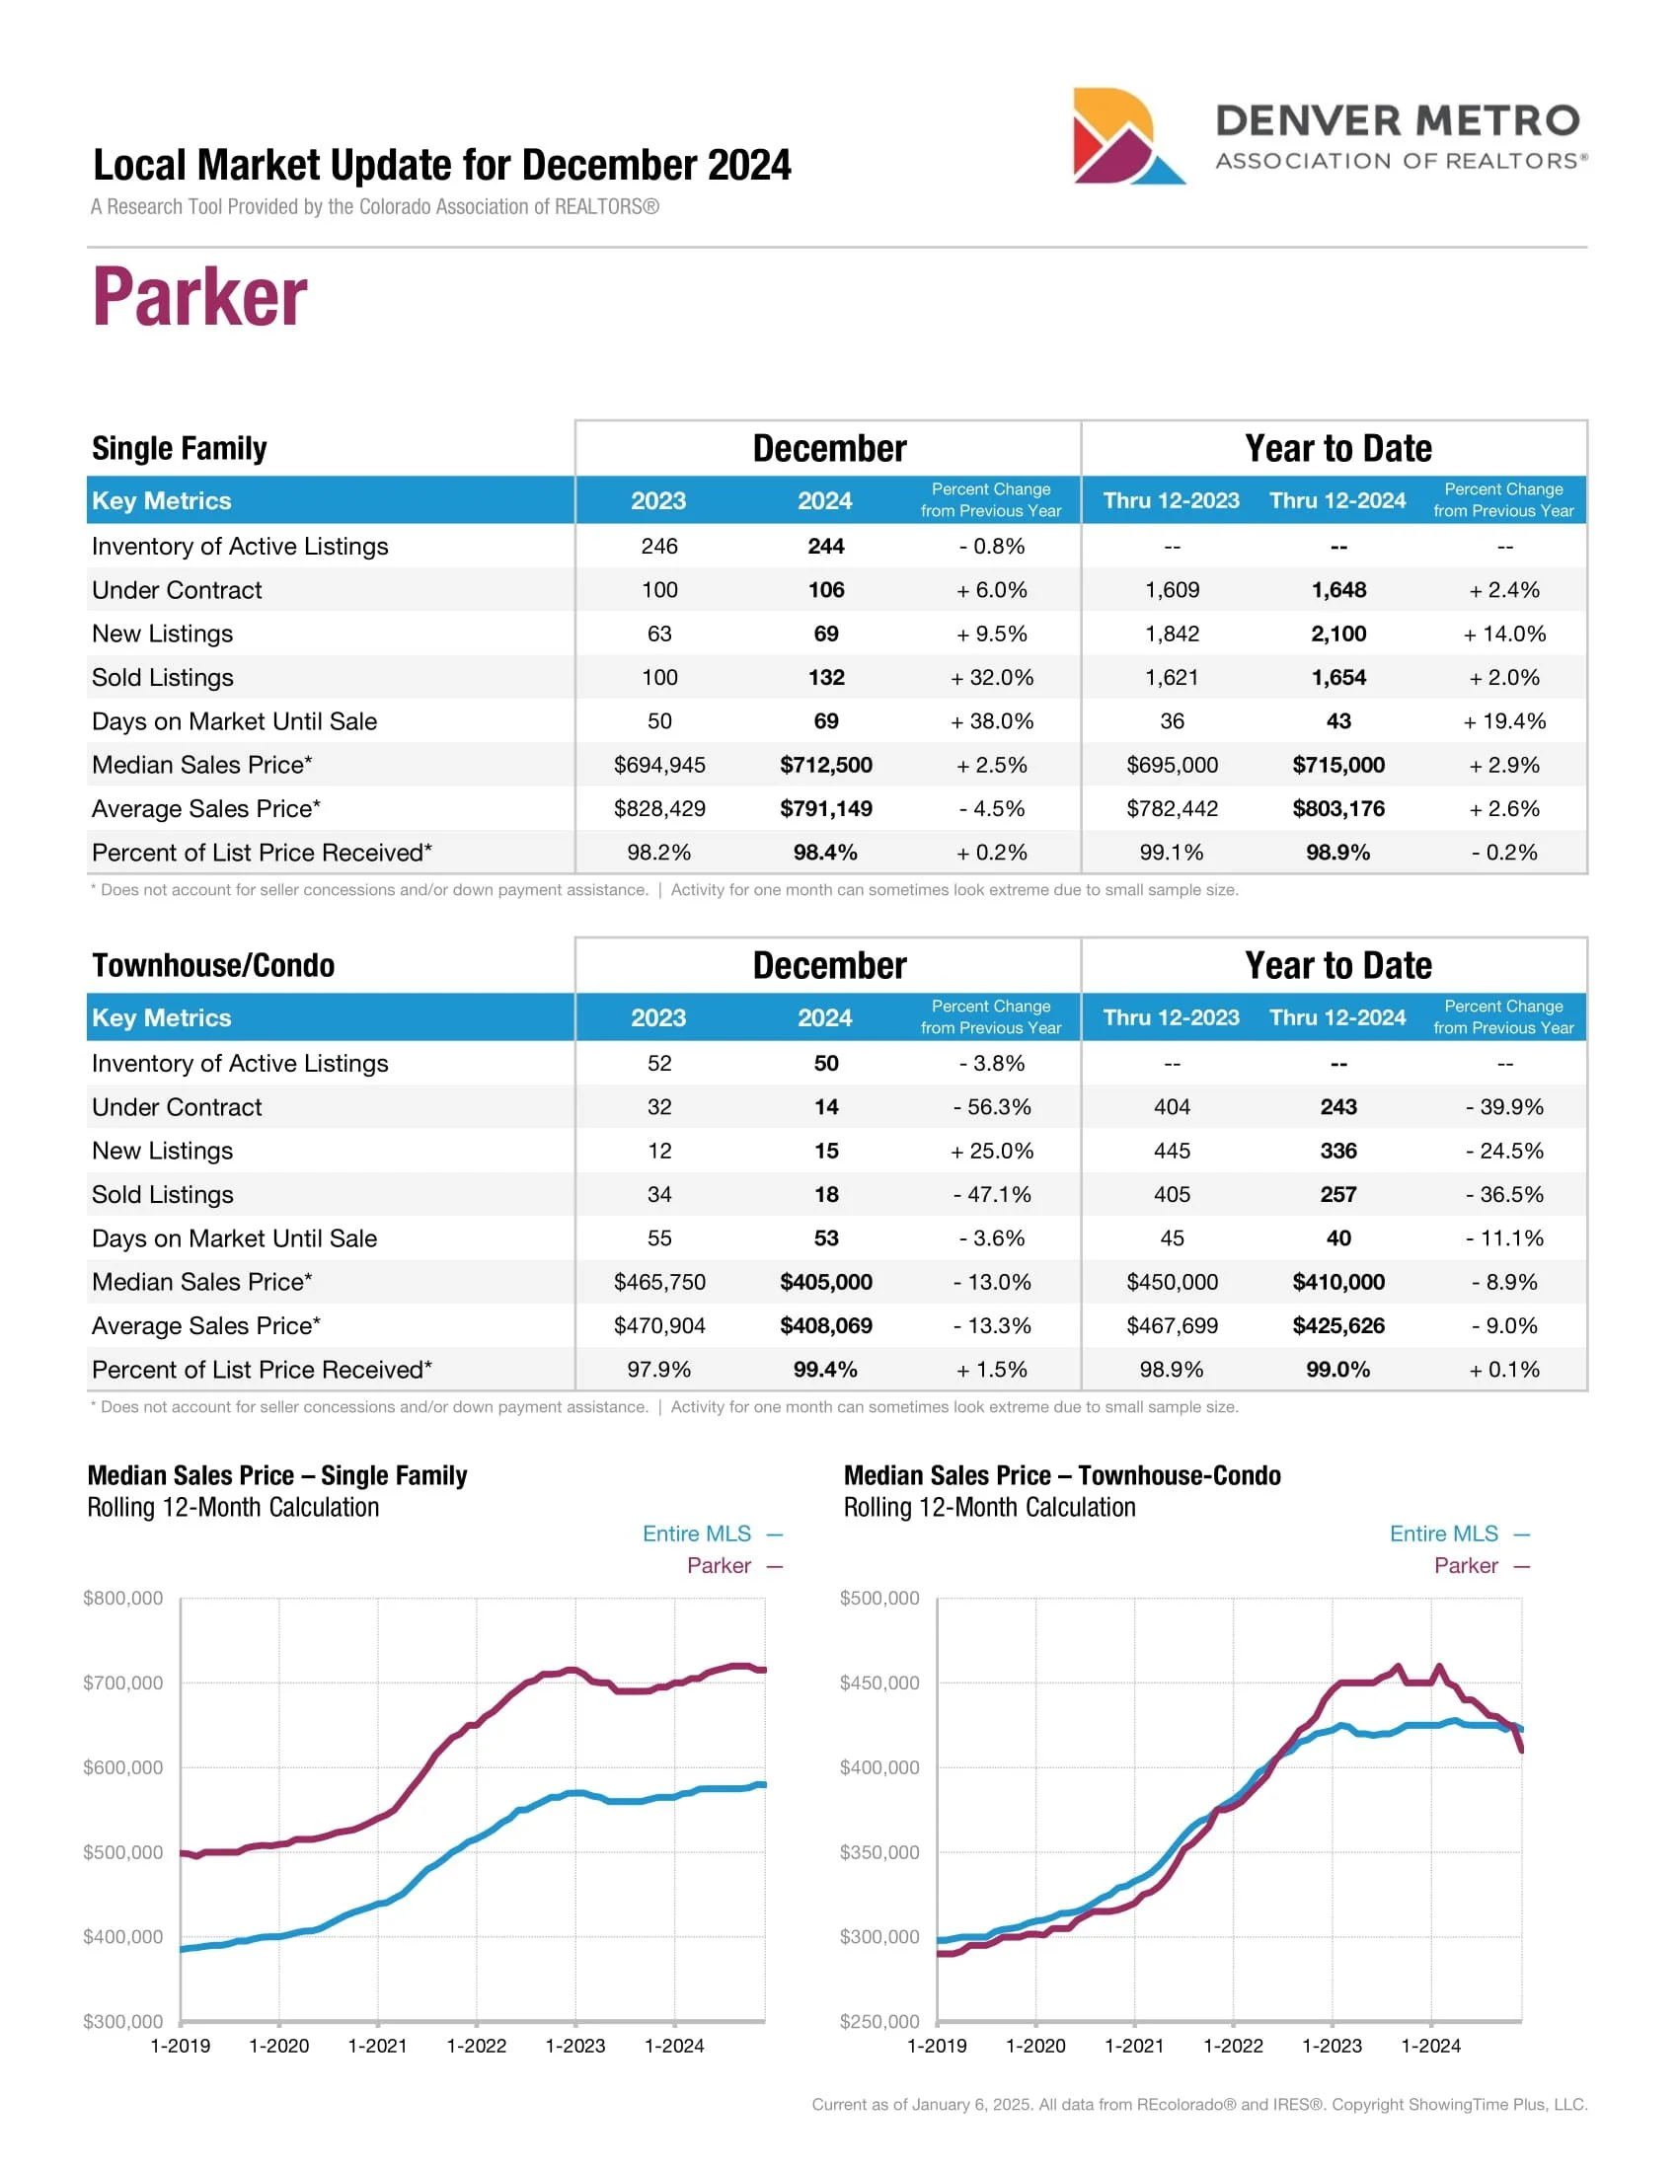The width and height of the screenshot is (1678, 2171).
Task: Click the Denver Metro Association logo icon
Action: [1127, 136]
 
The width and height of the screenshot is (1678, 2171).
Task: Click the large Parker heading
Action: [199, 297]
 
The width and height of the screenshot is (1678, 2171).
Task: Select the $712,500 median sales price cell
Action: [825, 765]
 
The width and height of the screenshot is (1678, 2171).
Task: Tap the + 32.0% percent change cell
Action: [991, 677]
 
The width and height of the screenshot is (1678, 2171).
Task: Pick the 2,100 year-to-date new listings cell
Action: [1338, 634]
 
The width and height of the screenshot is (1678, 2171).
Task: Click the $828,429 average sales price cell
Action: [659, 808]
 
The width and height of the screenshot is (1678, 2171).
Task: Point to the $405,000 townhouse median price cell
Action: [825, 1281]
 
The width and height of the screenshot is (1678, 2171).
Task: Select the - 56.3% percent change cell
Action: [991, 1106]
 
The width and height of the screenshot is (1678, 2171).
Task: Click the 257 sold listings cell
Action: [1338, 1194]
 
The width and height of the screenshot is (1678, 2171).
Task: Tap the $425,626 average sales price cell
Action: [1338, 1325]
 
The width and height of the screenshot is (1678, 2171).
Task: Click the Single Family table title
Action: [179, 448]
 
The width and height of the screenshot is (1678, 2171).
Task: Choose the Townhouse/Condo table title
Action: [213, 965]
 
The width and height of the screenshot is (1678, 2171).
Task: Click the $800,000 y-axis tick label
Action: [123, 1598]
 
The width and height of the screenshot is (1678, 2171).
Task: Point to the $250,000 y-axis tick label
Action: [879, 2021]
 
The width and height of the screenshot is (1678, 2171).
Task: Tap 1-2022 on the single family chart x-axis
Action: [476, 2046]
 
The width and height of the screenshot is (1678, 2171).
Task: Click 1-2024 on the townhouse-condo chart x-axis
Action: [1430, 2046]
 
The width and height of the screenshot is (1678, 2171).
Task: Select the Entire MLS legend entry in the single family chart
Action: [697, 1534]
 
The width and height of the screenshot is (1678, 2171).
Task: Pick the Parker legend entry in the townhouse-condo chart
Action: [1465, 1566]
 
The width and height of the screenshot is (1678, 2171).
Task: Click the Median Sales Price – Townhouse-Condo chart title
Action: [1062, 1475]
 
